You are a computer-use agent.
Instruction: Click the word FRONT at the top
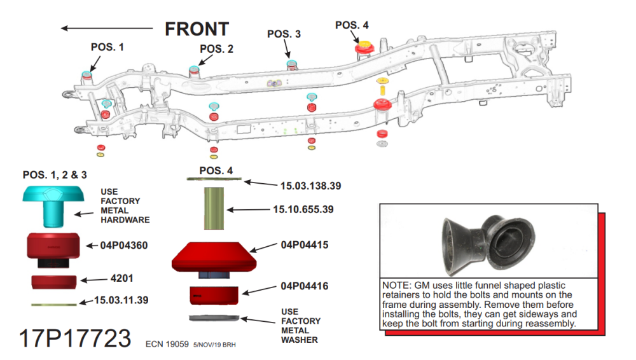197,29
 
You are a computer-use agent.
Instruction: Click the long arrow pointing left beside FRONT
107,27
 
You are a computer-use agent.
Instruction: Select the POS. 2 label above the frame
216,48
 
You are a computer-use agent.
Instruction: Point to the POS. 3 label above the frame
284,34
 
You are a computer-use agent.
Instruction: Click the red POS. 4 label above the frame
352,25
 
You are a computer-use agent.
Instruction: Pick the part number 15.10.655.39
304,209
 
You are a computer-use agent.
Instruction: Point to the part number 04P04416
305,287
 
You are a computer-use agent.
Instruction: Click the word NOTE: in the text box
396,286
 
